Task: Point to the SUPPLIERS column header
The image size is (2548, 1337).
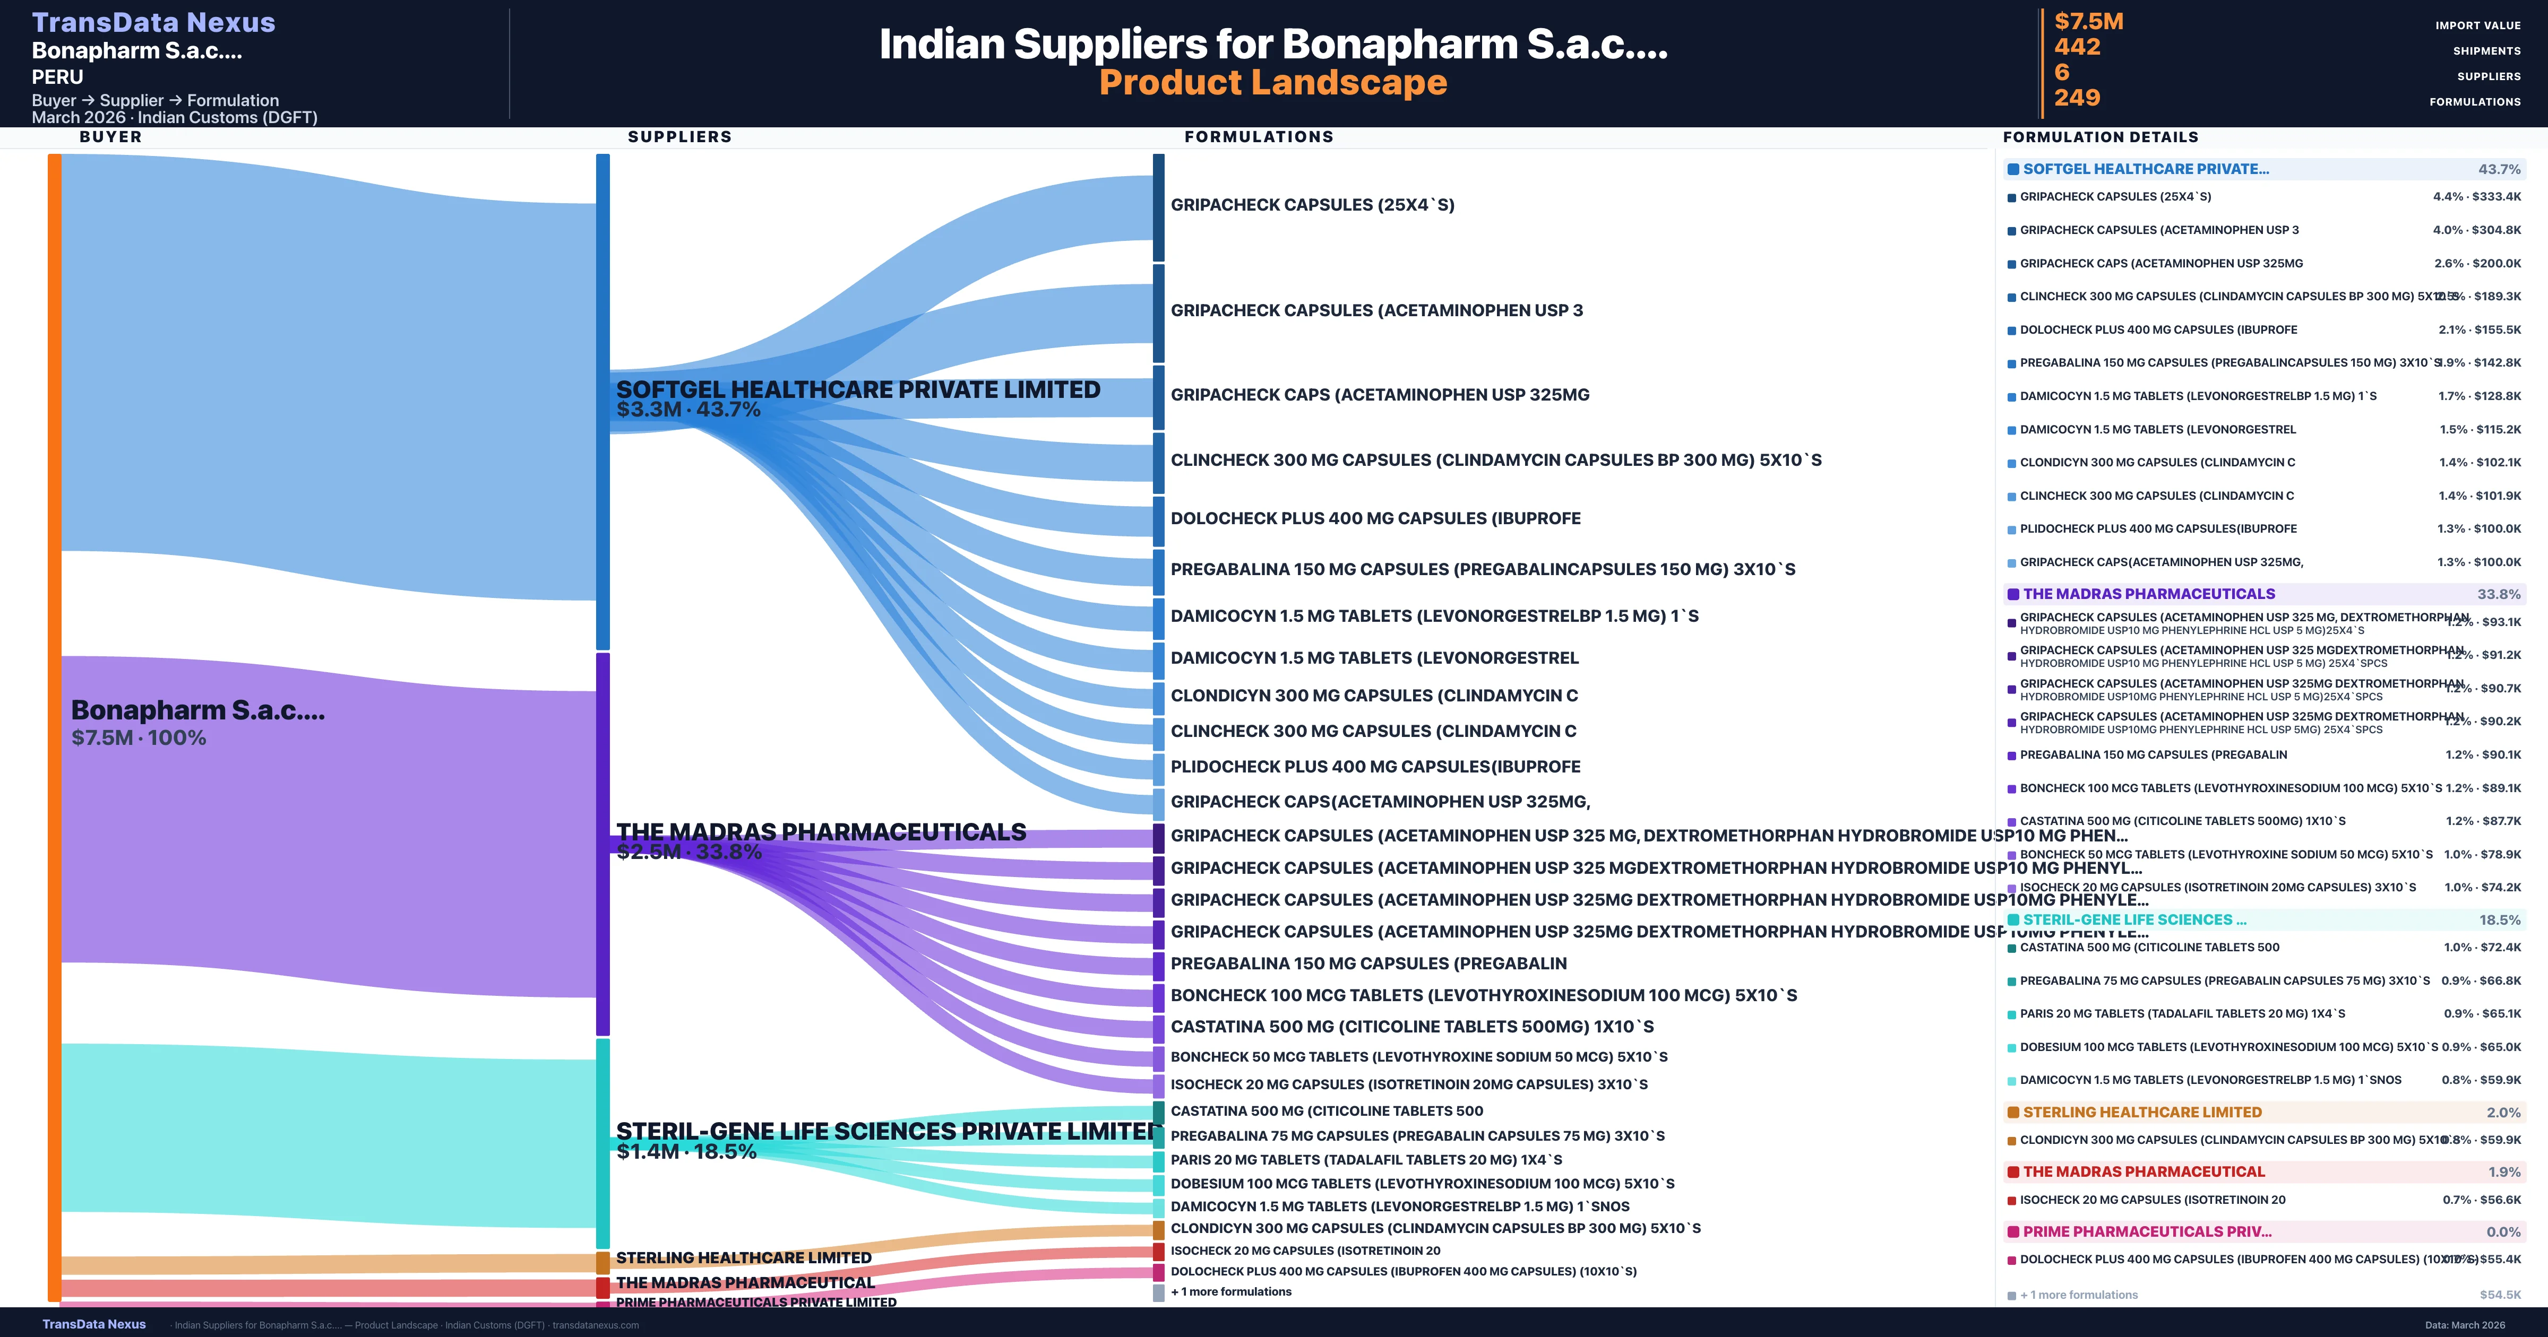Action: point(679,136)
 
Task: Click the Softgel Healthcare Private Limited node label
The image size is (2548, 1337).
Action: point(858,389)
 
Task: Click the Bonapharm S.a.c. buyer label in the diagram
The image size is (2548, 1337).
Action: point(198,710)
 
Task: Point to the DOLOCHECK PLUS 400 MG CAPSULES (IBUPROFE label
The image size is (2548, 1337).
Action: point(1375,518)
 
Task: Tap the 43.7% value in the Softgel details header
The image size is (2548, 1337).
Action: point(2499,169)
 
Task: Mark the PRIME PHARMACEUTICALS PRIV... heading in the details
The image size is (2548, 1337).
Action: point(2146,1231)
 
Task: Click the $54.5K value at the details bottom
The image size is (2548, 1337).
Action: point(2500,1295)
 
